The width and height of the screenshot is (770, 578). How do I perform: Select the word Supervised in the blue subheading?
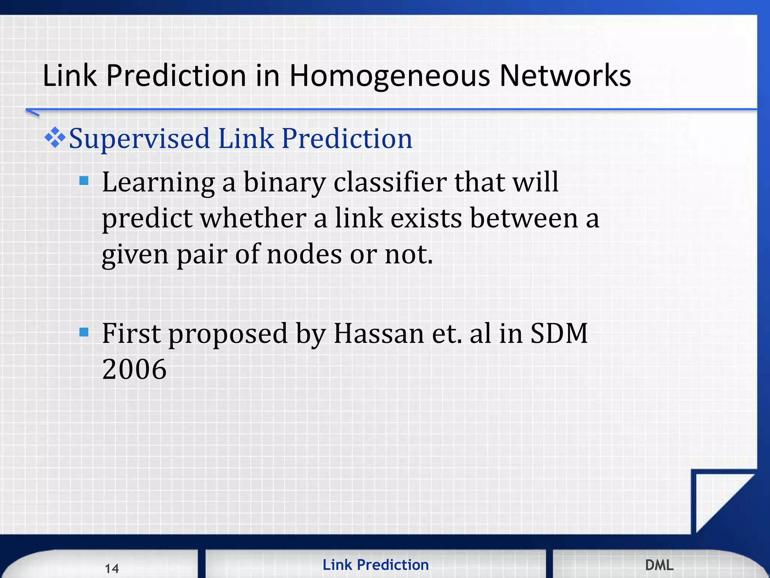point(139,138)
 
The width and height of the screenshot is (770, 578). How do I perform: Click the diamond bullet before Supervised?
point(55,137)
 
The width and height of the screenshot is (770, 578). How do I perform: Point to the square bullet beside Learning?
point(84,181)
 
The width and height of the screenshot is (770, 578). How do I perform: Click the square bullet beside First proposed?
point(84,332)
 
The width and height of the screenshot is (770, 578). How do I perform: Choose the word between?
point(524,218)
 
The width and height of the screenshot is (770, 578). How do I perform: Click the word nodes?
point(304,254)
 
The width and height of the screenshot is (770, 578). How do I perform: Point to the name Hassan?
point(379,333)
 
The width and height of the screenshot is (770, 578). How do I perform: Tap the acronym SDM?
point(559,333)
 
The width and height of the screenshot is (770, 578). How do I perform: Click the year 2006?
point(134,369)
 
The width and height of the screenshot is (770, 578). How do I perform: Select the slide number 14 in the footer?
point(112,568)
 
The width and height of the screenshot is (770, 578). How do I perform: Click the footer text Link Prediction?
point(375,565)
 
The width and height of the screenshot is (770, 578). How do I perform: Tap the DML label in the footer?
point(659,565)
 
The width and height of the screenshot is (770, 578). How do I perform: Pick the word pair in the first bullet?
point(202,255)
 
